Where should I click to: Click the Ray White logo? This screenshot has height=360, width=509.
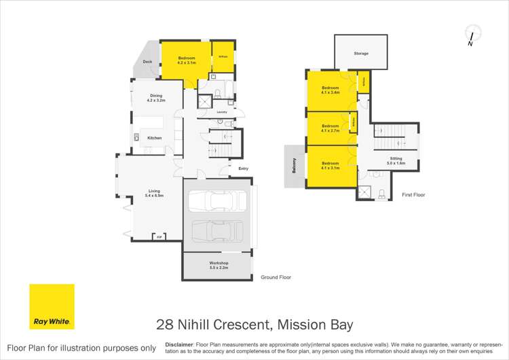pos(52,307)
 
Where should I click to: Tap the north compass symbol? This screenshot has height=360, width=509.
pos(471,35)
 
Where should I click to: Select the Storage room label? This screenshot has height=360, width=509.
pos(361,53)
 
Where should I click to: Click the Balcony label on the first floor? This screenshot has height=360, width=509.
pos(294,166)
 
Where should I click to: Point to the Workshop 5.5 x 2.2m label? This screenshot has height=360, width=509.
pos(219,264)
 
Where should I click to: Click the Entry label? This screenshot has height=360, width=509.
pos(243,168)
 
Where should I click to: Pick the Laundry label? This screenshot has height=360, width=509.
pos(221,112)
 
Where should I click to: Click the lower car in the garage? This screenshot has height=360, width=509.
pos(219,230)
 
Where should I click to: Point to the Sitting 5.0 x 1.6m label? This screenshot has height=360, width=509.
pos(396,161)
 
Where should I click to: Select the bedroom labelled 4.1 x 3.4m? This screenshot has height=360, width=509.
pos(331,90)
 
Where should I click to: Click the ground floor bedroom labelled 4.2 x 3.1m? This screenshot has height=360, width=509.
pos(187,60)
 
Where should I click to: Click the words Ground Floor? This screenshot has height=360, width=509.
pos(276,277)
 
